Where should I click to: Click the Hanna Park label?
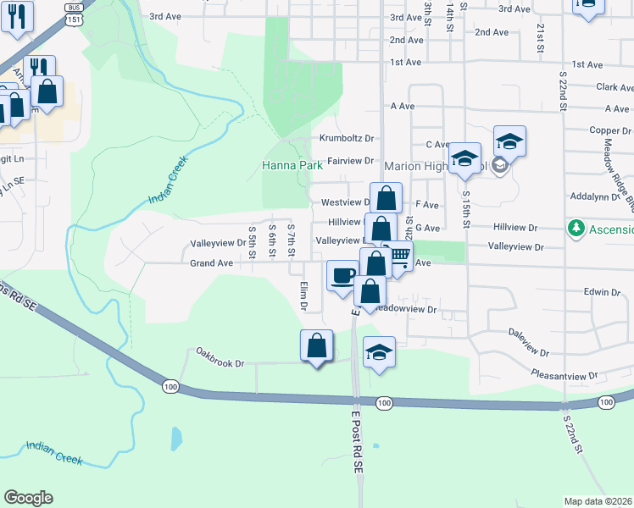click(x=292, y=166)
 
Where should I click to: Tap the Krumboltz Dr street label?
click(x=347, y=138)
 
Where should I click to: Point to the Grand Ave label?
click(x=211, y=263)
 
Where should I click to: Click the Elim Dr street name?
click(x=303, y=295)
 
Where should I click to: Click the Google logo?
click(x=28, y=498)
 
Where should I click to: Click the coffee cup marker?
click(x=342, y=276)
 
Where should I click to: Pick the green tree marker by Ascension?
click(x=576, y=229)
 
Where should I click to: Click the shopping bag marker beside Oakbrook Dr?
click(x=316, y=346)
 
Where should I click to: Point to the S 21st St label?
click(x=540, y=37)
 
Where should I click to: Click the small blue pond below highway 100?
click(x=175, y=438)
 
